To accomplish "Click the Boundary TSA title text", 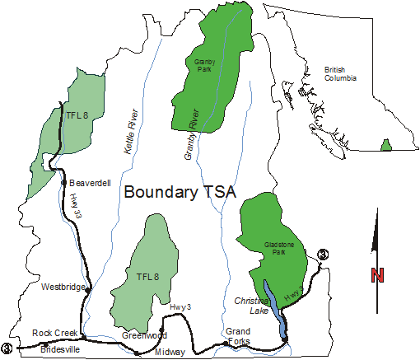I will pyautogui.click(x=180, y=193).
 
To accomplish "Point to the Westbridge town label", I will pyautogui.click(x=63, y=287).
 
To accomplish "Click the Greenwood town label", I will pyautogui.click(x=144, y=335).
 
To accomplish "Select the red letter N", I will pyautogui.click(x=377, y=276).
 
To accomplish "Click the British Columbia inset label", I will pyautogui.click(x=340, y=74).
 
